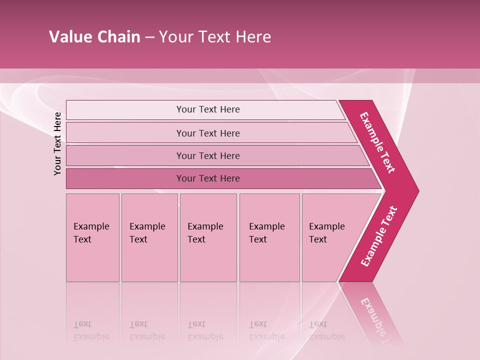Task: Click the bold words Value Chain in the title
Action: (x=94, y=37)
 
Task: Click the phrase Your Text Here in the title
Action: (x=215, y=37)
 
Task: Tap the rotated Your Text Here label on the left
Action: (x=57, y=143)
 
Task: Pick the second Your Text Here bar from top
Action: (x=208, y=133)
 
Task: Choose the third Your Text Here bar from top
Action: (x=208, y=155)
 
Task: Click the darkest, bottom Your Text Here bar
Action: (x=208, y=178)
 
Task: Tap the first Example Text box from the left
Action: (x=92, y=237)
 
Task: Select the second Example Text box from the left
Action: (x=149, y=237)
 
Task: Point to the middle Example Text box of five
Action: (x=207, y=237)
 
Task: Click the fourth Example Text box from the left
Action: (x=269, y=237)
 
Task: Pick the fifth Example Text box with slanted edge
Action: (x=330, y=237)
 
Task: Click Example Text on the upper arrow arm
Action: (x=377, y=142)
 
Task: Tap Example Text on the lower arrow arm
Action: (x=378, y=236)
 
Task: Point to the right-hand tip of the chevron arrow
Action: (x=418, y=190)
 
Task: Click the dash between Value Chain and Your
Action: (x=149, y=37)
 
